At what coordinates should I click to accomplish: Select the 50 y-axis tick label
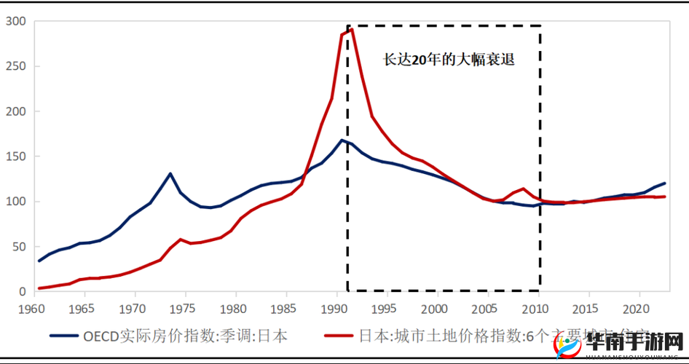19,246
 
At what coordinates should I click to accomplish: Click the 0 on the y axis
23,291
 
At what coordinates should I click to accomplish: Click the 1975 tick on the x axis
184,307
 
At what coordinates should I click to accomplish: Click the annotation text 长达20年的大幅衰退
449,60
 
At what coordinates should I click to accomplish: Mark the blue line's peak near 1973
170,173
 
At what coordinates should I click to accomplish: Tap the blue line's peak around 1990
342,140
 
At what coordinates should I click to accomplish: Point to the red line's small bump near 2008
523,189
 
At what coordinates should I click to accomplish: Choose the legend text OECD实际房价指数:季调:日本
184,336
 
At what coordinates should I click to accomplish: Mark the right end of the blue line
664,183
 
